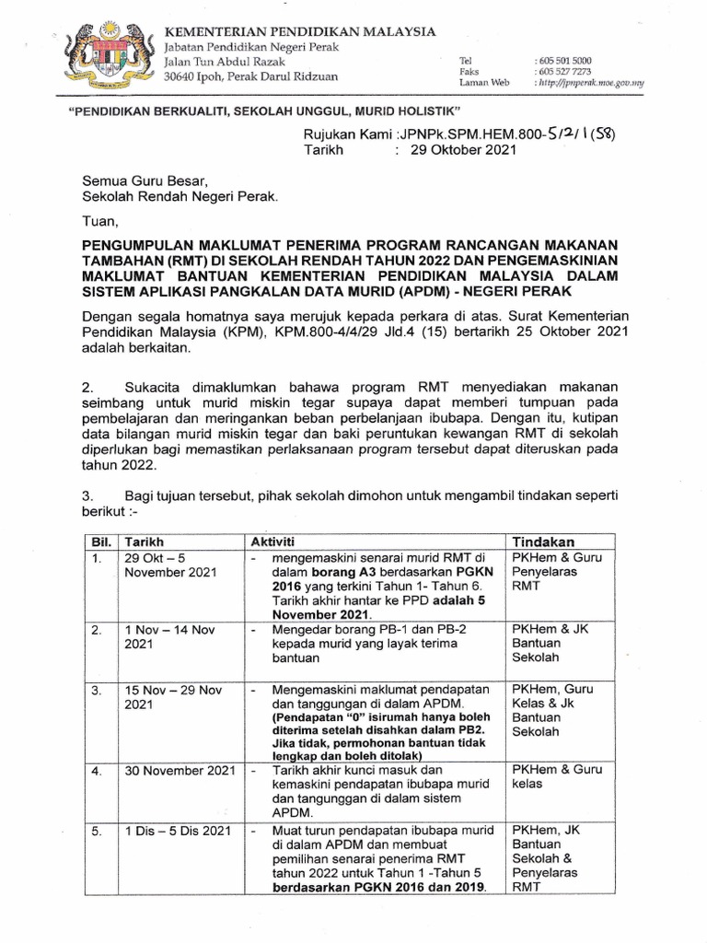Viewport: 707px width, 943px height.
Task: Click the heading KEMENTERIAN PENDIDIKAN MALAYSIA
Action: click(x=299, y=31)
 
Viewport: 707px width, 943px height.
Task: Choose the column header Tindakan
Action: click(x=544, y=541)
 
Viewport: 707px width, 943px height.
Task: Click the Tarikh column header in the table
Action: click(x=145, y=541)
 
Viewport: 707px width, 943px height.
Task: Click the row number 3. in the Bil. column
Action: click(x=93, y=689)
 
